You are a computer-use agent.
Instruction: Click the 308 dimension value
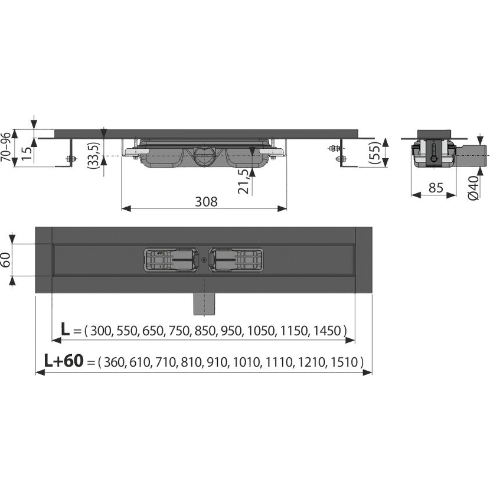206,201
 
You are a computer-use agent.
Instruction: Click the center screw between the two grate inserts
204,258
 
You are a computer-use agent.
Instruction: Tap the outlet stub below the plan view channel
204,305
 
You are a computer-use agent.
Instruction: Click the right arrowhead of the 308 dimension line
283,208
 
